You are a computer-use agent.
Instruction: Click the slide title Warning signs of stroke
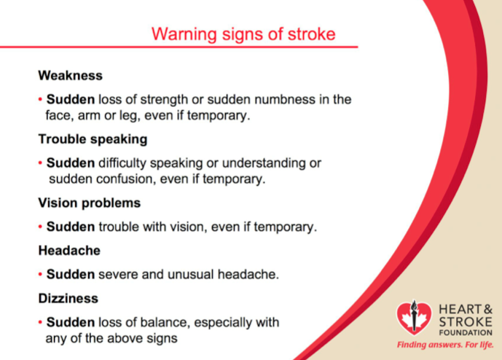243,34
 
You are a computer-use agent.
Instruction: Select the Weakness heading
71,76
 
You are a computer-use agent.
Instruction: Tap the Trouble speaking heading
93,140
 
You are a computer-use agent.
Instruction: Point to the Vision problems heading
90,203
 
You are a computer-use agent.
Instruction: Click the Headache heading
69,251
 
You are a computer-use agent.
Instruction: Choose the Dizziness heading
68,298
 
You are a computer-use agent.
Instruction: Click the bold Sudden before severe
71,275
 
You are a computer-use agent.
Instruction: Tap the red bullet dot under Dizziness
40,323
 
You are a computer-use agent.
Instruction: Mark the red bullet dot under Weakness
40,100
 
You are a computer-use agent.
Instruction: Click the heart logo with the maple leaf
414,318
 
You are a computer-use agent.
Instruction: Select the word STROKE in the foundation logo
466,321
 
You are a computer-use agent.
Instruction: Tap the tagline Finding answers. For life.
445,345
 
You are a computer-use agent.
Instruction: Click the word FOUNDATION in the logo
466,333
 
